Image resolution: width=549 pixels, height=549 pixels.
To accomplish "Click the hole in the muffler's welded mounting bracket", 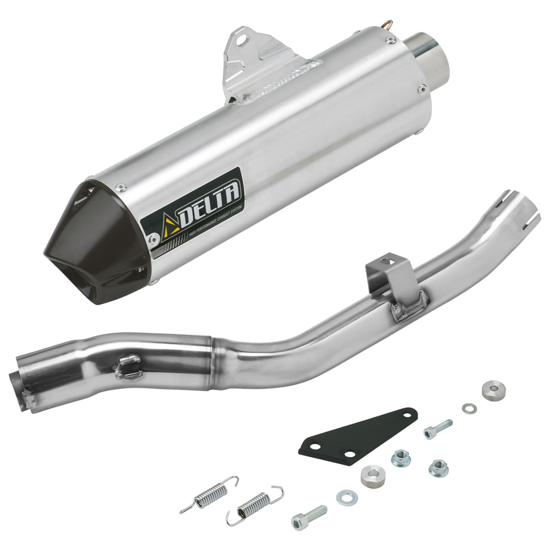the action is point(242,40).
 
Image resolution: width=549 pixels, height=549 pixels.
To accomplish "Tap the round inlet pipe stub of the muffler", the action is point(427,60).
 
